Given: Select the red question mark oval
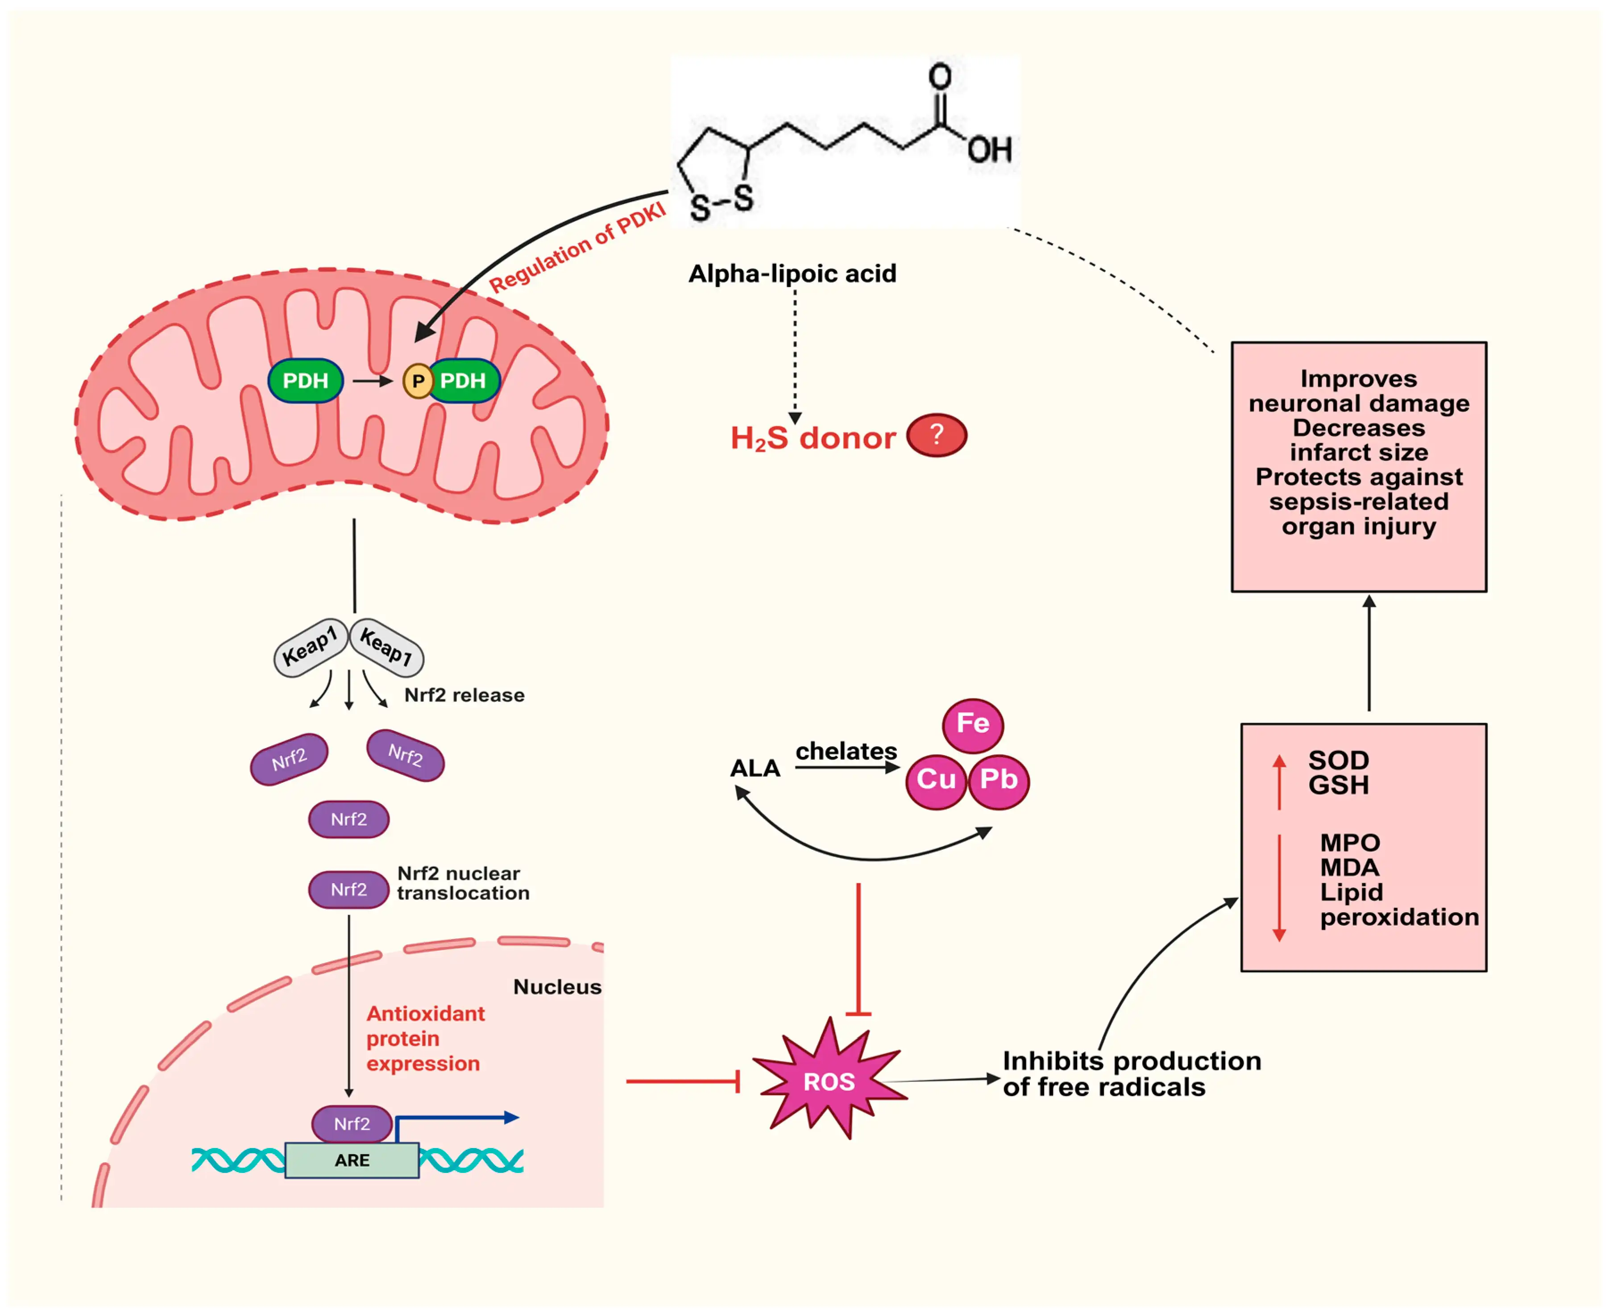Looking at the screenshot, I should [936, 435].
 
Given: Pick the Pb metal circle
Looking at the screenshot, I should [998, 780].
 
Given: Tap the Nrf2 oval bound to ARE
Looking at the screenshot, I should [352, 1124].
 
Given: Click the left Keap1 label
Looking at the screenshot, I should [310, 647].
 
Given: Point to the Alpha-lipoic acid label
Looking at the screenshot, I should [792, 273].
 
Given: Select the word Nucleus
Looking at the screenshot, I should [557, 987].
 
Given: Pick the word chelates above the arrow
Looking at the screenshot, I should [846, 751].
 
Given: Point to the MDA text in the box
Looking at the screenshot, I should [1349, 867].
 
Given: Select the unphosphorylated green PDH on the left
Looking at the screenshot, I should [305, 381].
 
